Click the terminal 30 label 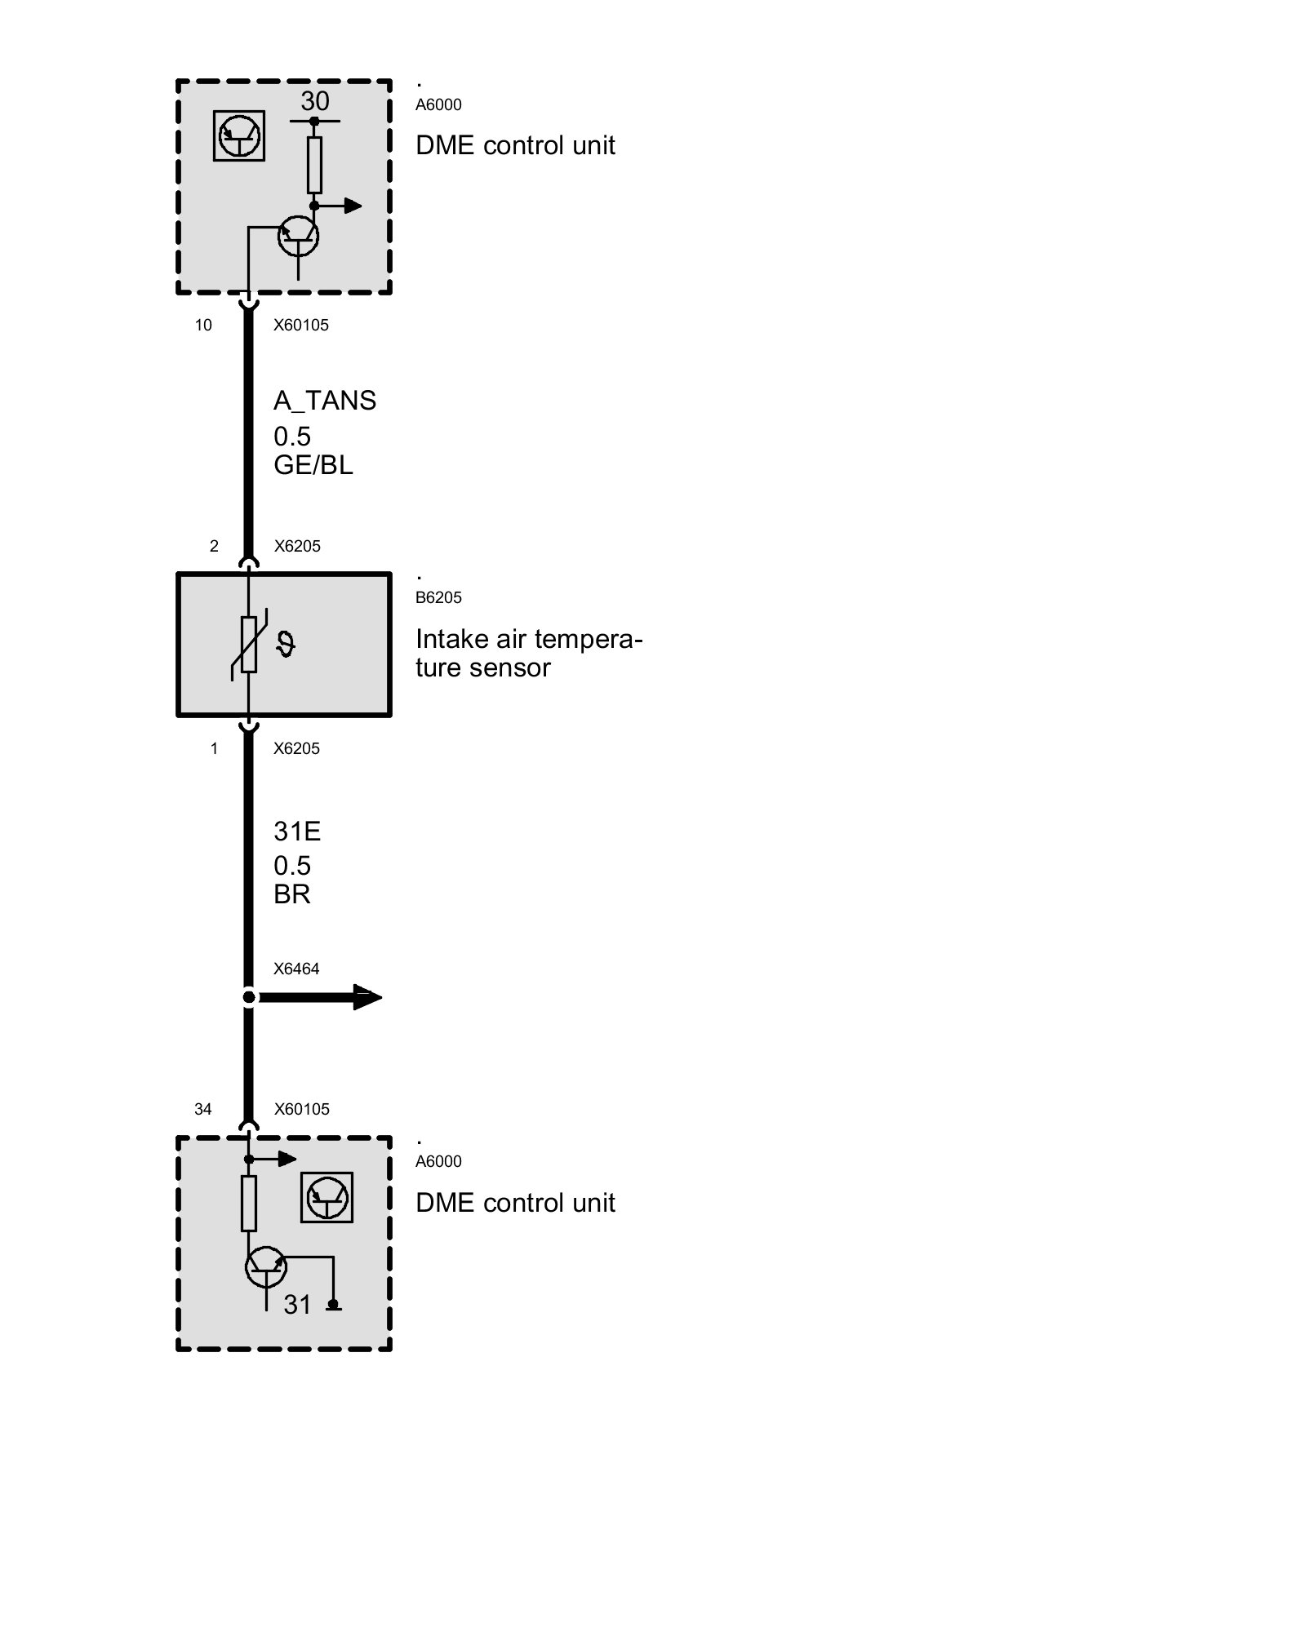[x=315, y=101]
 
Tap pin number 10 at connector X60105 [x=203, y=326]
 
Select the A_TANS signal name [x=325, y=401]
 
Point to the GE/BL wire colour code [x=313, y=465]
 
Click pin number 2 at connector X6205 [x=214, y=547]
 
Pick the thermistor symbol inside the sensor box [x=249, y=645]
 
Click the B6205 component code [x=438, y=597]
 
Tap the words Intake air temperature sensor [x=528, y=653]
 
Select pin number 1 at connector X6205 [x=214, y=749]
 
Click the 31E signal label [x=297, y=832]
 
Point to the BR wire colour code [x=292, y=894]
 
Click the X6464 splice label [x=296, y=969]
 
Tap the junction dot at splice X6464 [x=249, y=997]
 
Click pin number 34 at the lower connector [x=203, y=1109]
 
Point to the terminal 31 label [x=298, y=1305]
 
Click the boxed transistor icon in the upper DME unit [x=239, y=136]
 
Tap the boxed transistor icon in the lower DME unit [x=326, y=1198]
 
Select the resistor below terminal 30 [x=314, y=165]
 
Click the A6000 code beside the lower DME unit [x=438, y=1161]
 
